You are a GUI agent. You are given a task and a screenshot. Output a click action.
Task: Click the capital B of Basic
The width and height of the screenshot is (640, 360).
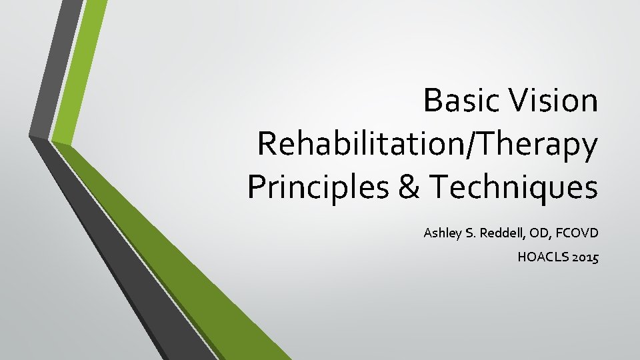coord(432,101)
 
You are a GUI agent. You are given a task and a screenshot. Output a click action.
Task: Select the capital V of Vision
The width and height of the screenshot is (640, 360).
coord(514,101)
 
